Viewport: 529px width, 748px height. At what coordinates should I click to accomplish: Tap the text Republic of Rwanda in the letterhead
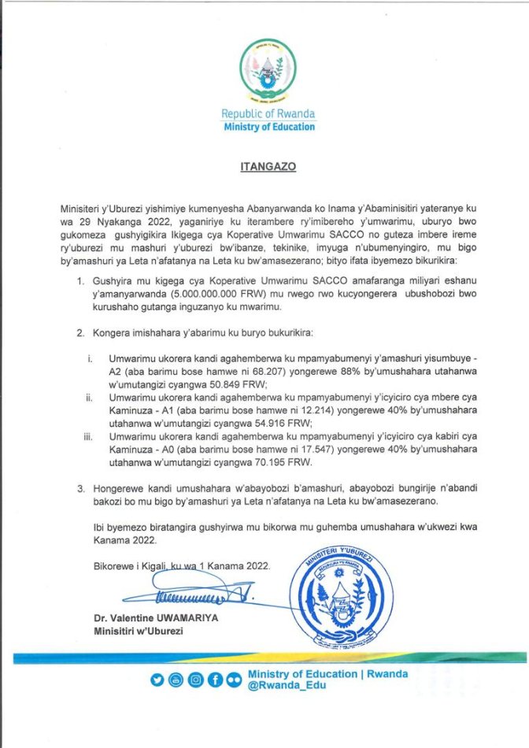(268, 114)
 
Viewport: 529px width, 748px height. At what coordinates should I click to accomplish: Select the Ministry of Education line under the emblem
(268, 127)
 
